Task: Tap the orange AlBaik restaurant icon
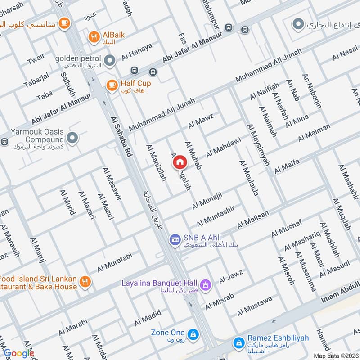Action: [94, 37]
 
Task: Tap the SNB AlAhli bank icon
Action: [175, 240]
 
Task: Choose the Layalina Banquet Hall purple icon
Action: [206, 284]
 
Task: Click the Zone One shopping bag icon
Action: [193, 334]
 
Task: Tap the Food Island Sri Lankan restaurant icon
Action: [84, 282]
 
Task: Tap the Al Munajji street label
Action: [208, 200]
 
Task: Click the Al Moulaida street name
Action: [249, 178]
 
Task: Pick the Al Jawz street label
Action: [231, 276]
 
